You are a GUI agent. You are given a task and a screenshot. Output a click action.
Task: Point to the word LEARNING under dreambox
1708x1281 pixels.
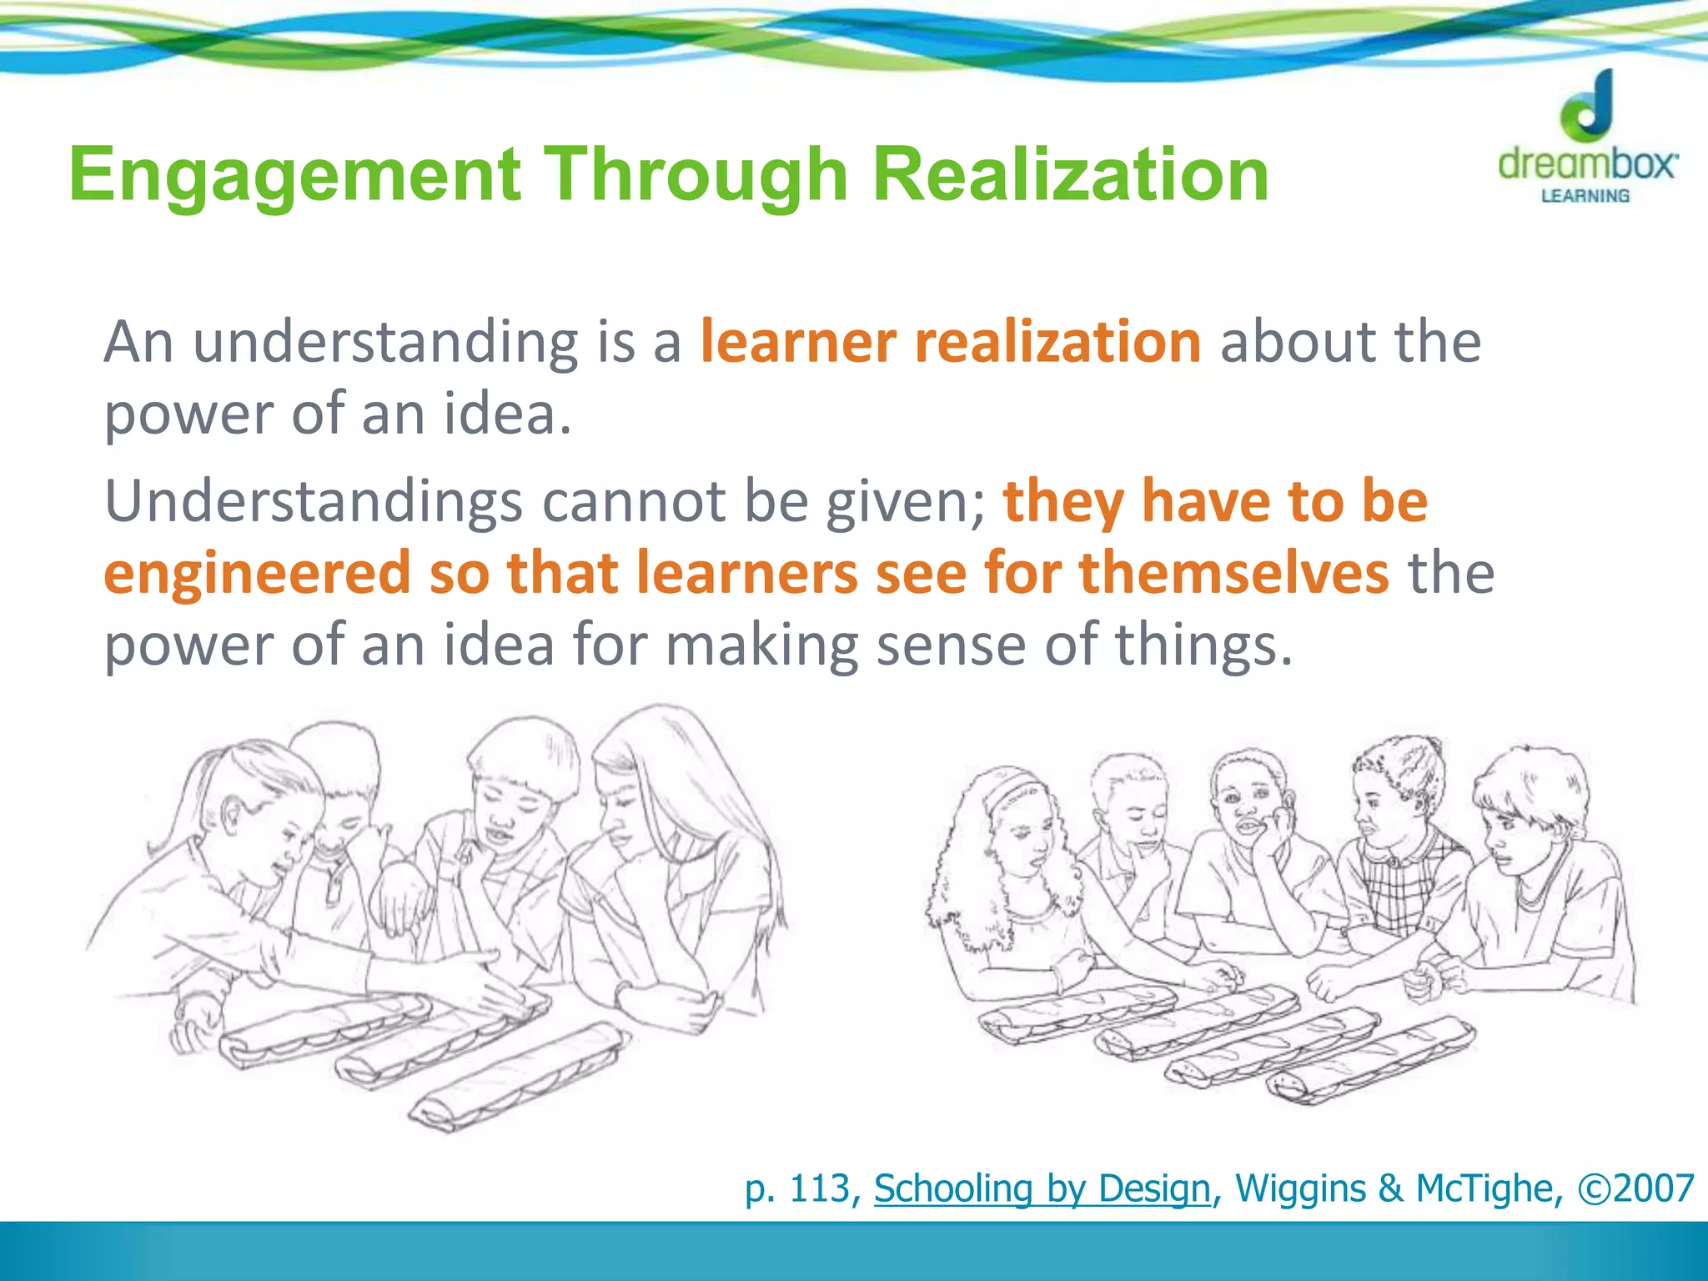pos(1585,196)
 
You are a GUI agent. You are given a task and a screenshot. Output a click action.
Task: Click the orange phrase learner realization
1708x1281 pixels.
pos(950,342)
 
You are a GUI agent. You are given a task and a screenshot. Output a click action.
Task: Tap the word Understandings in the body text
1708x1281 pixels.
pos(313,502)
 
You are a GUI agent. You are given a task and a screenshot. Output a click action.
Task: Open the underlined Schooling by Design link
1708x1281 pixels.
pos(1042,1188)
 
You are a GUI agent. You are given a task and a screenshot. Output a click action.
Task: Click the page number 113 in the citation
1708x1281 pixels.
pos(820,1188)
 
